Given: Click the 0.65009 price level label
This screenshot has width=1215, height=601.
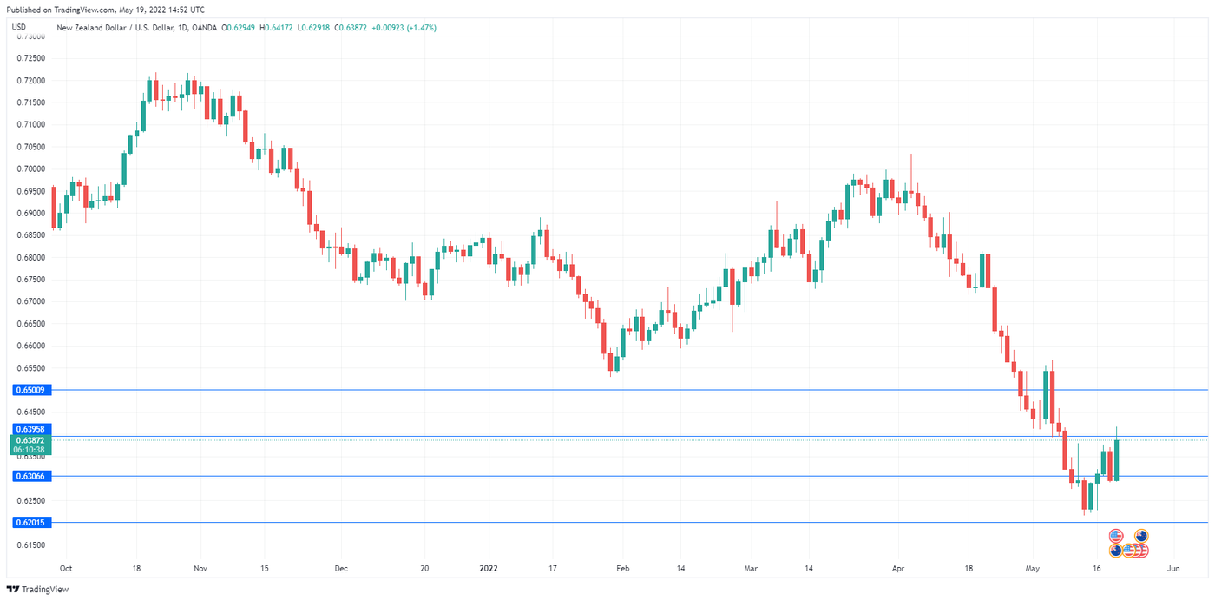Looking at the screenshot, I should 31,390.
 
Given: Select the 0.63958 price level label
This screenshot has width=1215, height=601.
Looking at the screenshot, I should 31,429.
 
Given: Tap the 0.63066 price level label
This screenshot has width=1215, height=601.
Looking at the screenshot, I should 31,476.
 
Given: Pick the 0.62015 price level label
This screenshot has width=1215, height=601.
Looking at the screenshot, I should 31,522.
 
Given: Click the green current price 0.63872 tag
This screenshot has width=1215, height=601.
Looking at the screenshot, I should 31,441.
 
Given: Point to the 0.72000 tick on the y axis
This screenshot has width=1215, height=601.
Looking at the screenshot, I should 31,81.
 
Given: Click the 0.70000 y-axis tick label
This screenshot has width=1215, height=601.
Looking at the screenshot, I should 31,168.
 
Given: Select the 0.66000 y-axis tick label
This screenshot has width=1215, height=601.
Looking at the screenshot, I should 31,346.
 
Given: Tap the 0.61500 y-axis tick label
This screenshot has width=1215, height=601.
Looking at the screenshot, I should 31,545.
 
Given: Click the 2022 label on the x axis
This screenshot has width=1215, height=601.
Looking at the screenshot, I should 489,569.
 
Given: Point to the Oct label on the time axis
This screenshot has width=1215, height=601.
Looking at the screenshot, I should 66,569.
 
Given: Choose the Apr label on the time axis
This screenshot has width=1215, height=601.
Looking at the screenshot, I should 898,569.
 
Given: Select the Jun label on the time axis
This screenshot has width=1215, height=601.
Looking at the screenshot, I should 1173,569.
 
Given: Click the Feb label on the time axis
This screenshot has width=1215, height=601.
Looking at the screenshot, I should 622,569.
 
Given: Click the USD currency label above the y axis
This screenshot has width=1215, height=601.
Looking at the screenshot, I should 19,28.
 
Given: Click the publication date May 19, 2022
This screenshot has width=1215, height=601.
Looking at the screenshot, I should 147,10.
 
